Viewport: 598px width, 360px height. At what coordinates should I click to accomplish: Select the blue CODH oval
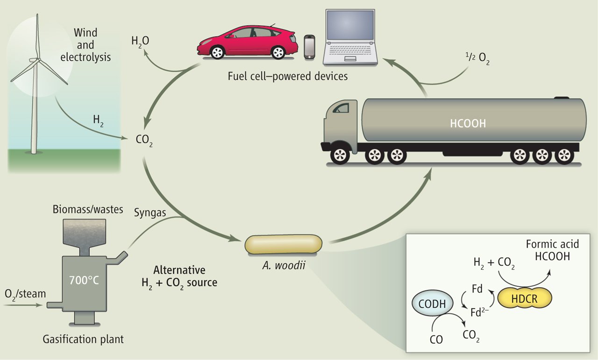[x=432, y=305]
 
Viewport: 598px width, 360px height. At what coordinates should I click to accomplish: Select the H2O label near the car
[x=140, y=42]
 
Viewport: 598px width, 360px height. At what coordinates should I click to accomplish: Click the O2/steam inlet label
[x=25, y=294]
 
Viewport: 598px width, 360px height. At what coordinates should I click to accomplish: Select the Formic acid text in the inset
[x=552, y=244]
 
